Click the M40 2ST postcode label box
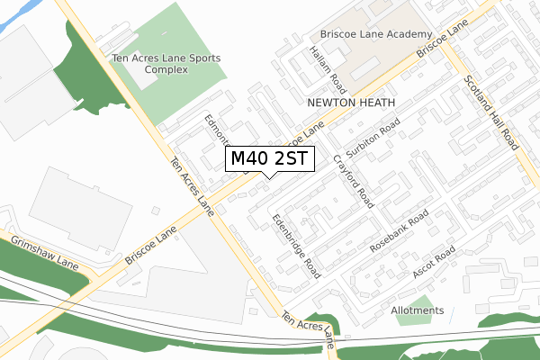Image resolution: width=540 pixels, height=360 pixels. (269, 159)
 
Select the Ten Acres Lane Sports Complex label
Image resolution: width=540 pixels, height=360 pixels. (166, 64)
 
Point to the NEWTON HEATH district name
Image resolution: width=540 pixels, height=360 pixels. (351, 103)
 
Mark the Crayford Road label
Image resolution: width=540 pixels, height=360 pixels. (354, 180)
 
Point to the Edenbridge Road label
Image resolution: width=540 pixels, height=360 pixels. (297, 245)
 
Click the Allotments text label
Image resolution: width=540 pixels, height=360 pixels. (418, 311)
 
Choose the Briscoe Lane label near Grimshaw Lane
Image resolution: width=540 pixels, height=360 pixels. (150, 245)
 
